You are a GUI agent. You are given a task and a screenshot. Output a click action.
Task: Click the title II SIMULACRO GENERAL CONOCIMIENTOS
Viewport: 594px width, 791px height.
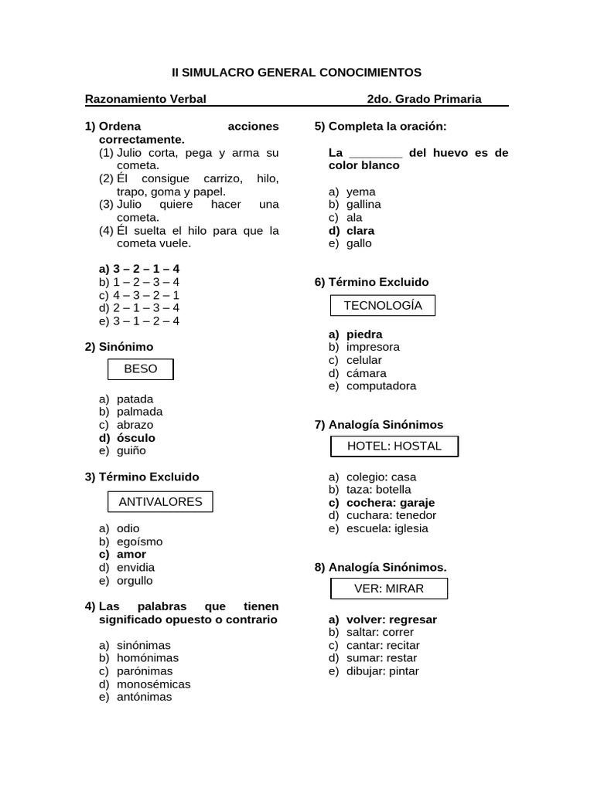(x=296, y=73)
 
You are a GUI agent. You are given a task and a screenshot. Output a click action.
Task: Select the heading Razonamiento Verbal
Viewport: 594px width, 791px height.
(x=145, y=99)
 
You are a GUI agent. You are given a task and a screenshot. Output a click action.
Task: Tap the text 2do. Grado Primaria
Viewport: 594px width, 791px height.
(x=424, y=99)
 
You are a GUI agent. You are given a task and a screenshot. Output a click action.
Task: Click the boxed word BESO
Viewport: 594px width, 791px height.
(x=140, y=369)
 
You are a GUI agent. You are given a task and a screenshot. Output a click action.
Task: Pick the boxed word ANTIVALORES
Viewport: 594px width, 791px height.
(x=160, y=502)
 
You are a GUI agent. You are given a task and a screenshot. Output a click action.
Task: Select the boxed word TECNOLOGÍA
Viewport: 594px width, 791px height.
(x=383, y=305)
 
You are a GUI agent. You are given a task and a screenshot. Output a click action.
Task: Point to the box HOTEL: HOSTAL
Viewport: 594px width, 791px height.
(x=394, y=446)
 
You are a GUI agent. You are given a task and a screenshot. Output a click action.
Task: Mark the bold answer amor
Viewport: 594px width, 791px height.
(x=131, y=555)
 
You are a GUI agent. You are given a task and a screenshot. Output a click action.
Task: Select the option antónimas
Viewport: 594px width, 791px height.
(x=144, y=697)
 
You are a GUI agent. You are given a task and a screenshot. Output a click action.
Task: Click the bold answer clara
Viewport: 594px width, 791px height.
(x=360, y=230)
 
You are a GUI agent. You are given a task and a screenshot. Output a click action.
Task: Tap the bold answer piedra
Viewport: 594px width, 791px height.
(x=364, y=334)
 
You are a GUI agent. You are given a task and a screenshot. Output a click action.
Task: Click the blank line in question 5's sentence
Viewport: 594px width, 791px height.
(x=376, y=153)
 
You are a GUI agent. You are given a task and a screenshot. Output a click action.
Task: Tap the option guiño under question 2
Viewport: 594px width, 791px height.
(x=131, y=451)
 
